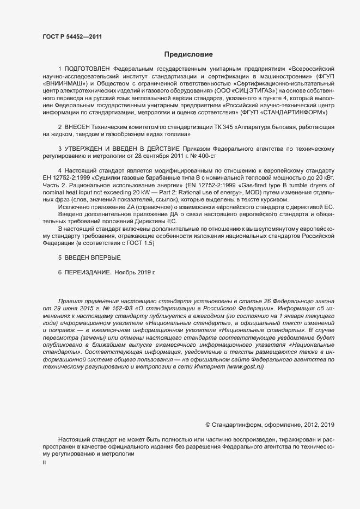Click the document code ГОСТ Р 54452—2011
pyautogui.click(x=72, y=36)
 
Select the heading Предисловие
pyautogui.click(x=188, y=54)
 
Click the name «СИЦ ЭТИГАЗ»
pyautogui.click(x=252, y=91)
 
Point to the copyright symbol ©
pyautogui.click(x=208, y=424)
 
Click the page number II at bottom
pyautogui.click(x=44, y=462)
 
